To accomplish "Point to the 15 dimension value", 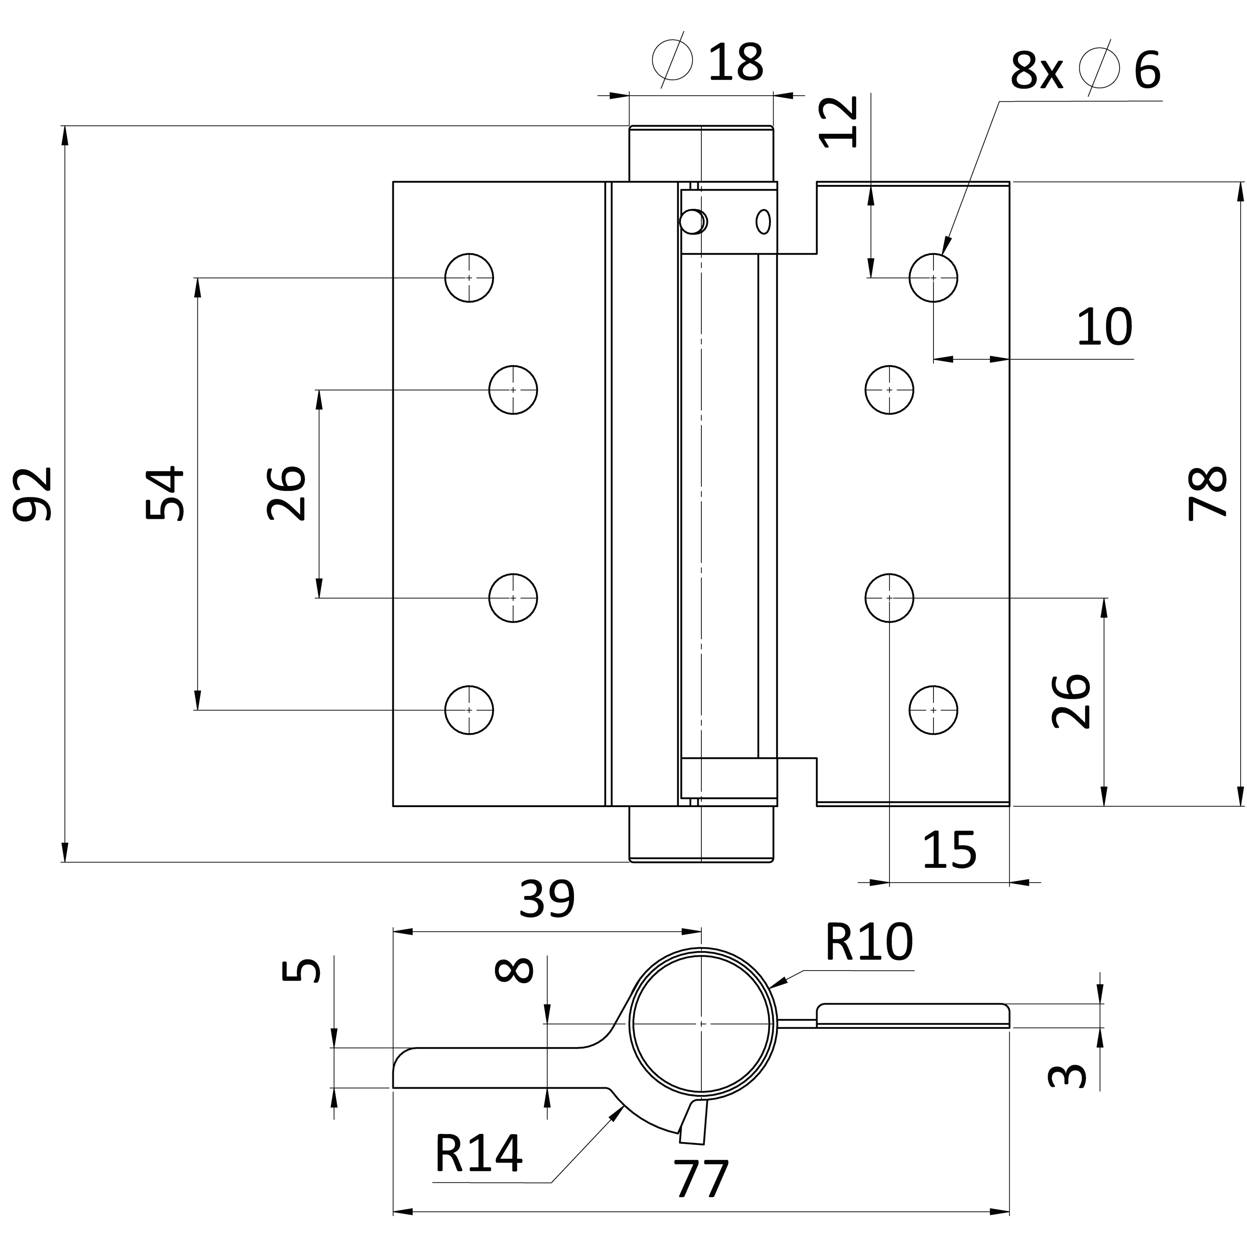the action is click(x=950, y=851).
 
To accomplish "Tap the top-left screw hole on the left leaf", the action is click(x=469, y=277).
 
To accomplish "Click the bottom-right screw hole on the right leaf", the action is click(x=933, y=710).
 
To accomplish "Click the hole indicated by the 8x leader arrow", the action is click(x=933, y=277).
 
